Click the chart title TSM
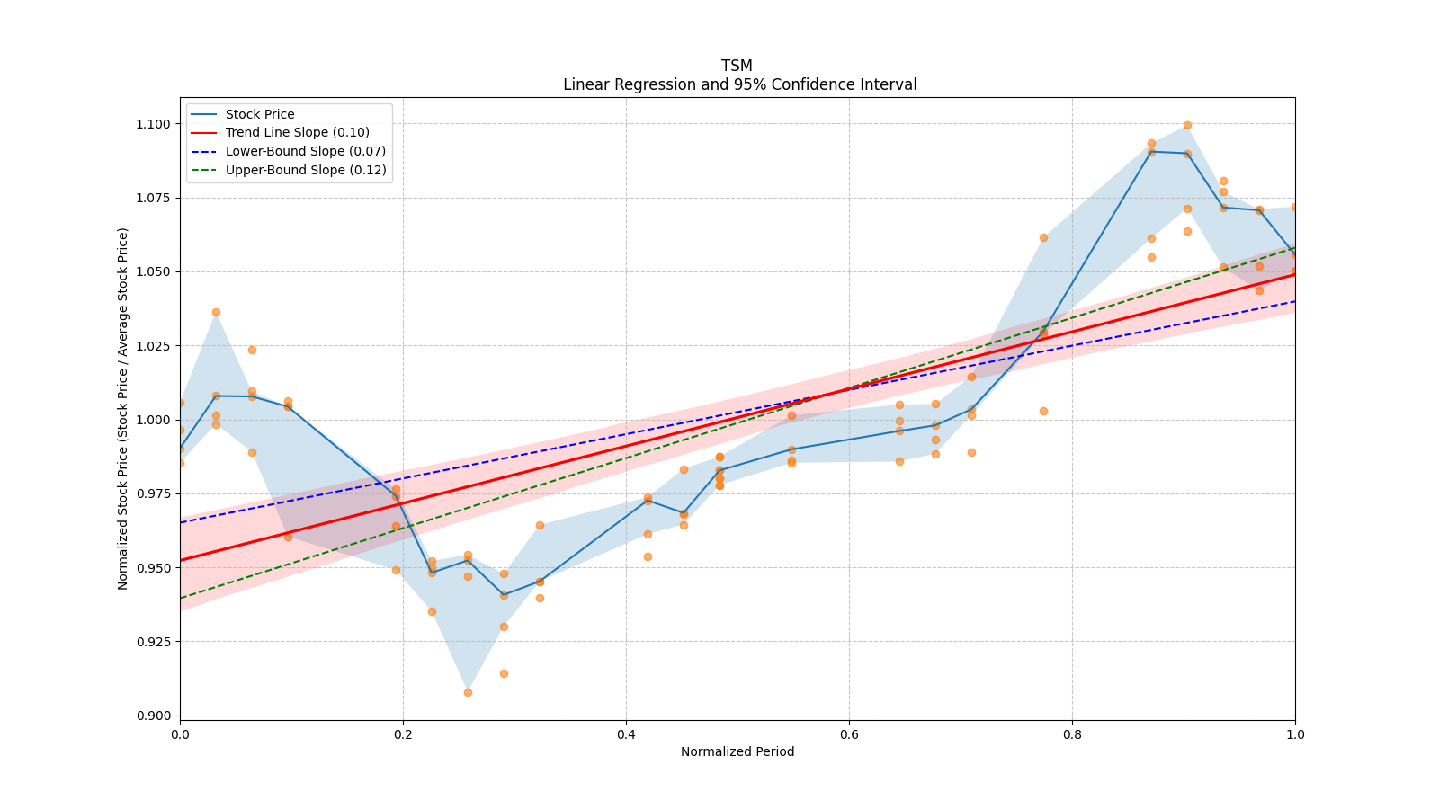coord(737,66)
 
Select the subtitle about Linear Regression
coord(739,84)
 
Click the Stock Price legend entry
coord(260,114)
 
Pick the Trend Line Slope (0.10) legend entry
coord(297,132)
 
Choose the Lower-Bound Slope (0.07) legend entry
coord(305,151)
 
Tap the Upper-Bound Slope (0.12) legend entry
coord(306,170)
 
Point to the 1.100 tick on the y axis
coord(154,124)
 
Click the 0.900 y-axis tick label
coord(154,716)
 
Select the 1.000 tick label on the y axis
coord(154,420)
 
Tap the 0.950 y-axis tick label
coord(154,568)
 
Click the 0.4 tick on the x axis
coord(626,734)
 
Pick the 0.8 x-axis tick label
coord(1072,734)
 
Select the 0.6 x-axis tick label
coord(849,734)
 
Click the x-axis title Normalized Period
coord(737,751)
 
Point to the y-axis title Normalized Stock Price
coord(123,408)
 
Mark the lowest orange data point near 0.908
coord(468,692)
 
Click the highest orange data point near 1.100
coord(1187,125)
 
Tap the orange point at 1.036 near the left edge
coord(216,312)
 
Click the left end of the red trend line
coord(181,560)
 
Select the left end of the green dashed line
coord(181,598)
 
